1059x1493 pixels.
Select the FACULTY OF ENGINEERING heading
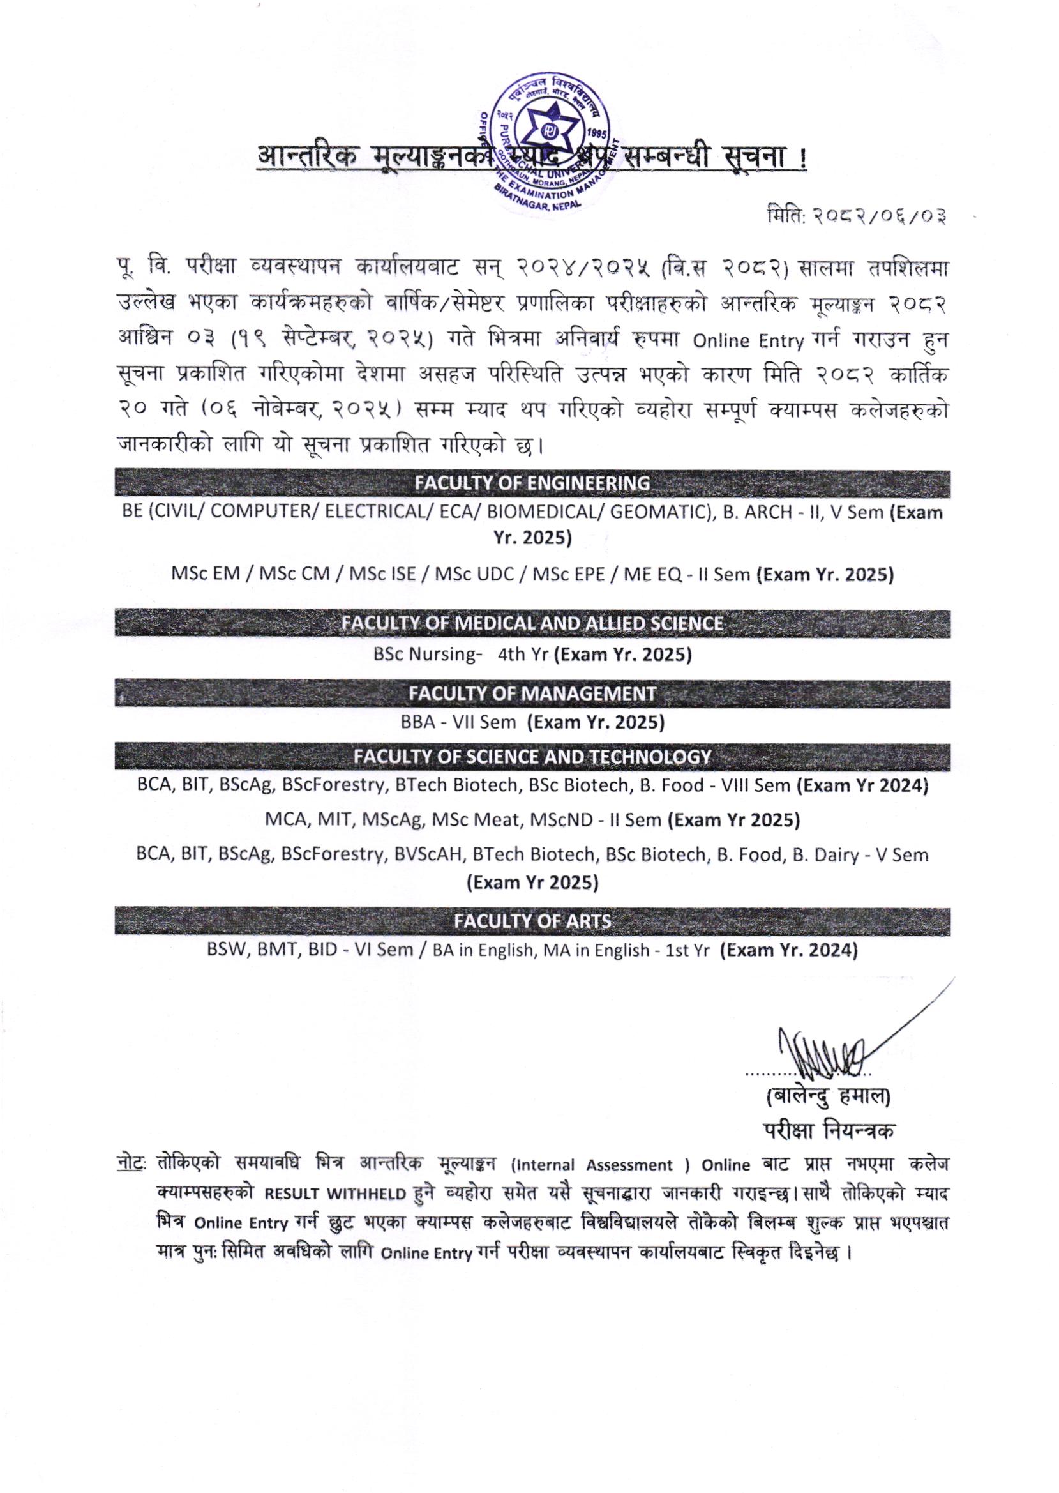(532, 483)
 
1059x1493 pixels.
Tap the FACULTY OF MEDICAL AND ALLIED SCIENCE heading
(532, 623)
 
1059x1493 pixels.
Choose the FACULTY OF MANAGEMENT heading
(532, 693)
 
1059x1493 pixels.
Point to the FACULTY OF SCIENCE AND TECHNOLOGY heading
(532, 757)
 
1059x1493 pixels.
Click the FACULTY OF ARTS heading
(532, 921)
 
